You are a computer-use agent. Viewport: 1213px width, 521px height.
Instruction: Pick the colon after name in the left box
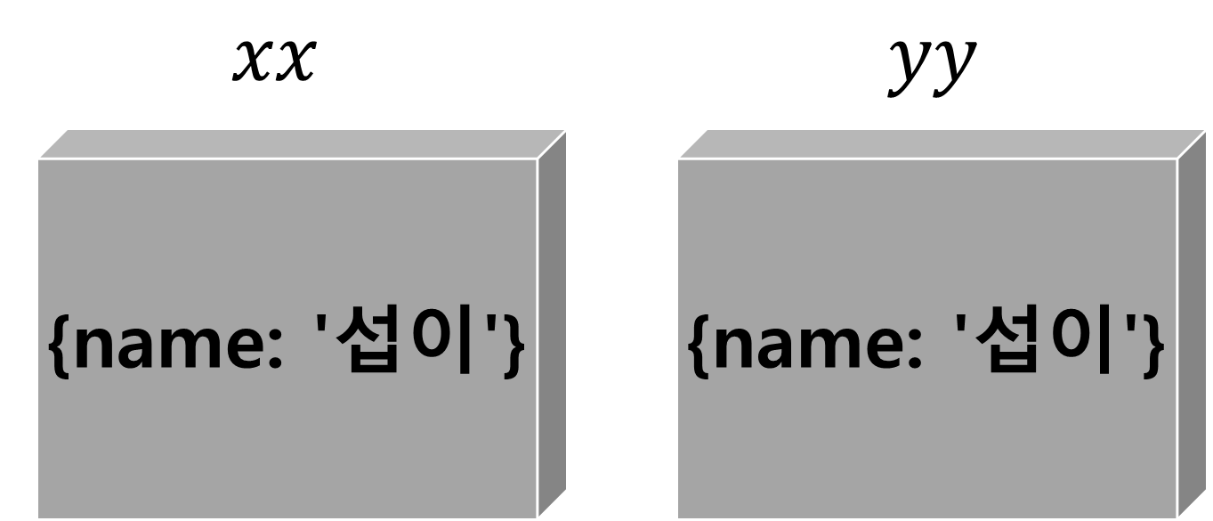[274, 352]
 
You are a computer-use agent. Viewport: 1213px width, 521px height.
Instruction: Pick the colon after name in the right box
[915, 352]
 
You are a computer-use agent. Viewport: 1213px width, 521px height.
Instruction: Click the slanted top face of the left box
[303, 143]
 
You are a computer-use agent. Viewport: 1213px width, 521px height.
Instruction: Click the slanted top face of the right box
[943, 143]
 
